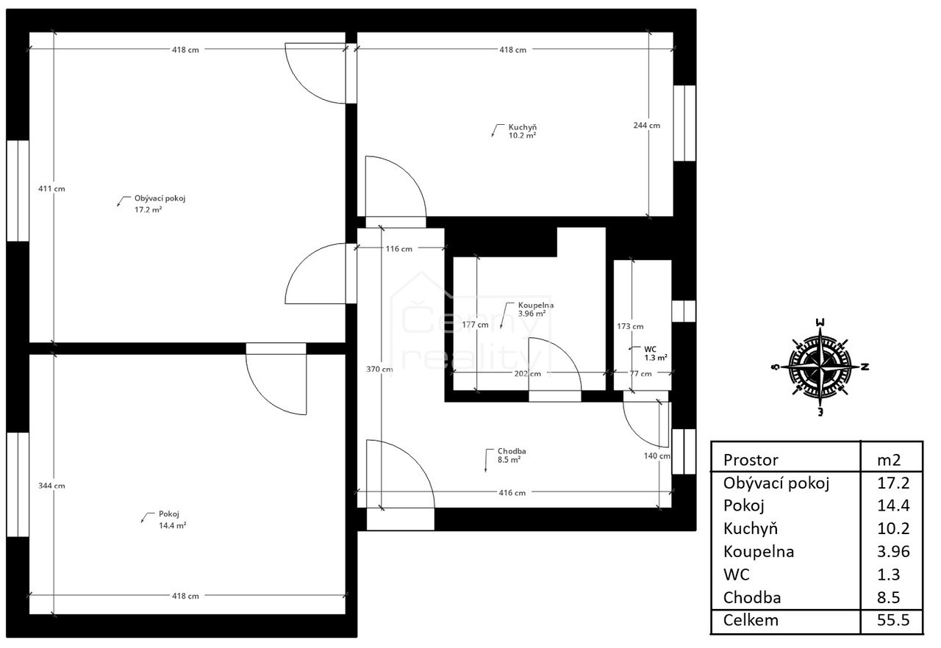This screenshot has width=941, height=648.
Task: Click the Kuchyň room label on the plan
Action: pos(522,127)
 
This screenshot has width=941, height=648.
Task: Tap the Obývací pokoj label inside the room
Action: pos(160,198)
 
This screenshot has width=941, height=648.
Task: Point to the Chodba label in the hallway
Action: pos(512,451)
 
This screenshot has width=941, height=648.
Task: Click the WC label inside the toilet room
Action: pos(650,349)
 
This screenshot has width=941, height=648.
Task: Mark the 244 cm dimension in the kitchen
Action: pos(646,126)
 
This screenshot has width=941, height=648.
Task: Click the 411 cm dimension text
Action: pos(51,189)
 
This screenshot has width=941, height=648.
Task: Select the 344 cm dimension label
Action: pos(51,486)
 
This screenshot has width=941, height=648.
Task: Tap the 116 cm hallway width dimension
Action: pos(398,249)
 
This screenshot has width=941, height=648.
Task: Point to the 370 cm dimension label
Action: pos(379,370)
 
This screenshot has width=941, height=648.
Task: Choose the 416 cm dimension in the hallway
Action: pos(512,493)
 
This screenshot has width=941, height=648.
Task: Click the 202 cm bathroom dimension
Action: pos(528,373)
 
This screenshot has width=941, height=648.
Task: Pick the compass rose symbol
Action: pos(820,367)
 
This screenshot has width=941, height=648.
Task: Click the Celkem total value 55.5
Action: pos(893,620)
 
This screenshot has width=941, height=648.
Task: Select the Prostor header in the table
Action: pos(751,460)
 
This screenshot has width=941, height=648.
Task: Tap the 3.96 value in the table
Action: pos(893,552)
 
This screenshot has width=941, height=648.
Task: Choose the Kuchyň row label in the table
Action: pos(751,528)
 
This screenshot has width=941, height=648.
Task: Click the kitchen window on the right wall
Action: pos(684,123)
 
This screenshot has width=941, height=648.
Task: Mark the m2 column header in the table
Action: pos(889,461)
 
